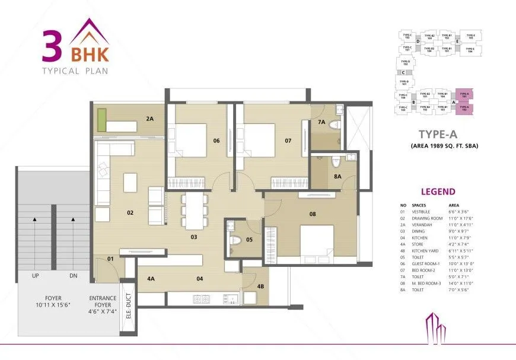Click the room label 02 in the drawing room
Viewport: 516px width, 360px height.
click(130, 211)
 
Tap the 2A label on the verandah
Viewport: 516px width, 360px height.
click(149, 119)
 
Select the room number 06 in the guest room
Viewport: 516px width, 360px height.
click(217, 141)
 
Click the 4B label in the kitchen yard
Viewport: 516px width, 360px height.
click(260, 287)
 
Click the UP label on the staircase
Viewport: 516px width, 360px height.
click(35, 276)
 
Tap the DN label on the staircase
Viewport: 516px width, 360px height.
click(73, 276)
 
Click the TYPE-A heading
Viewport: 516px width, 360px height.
click(437, 135)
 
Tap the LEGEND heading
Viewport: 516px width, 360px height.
click(438, 192)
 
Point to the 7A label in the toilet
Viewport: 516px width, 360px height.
click(321, 122)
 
